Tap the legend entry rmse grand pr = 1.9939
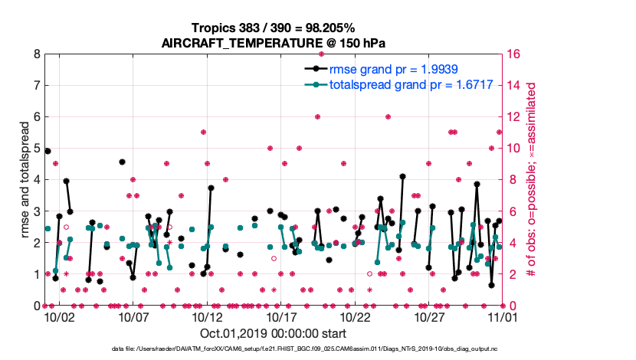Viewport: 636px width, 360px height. [x=393, y=68]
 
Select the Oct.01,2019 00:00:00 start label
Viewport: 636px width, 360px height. [x=273, y=333]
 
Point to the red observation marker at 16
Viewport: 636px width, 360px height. [x=321, y=54]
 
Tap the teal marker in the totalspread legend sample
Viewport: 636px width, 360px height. [x=316, y=84]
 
